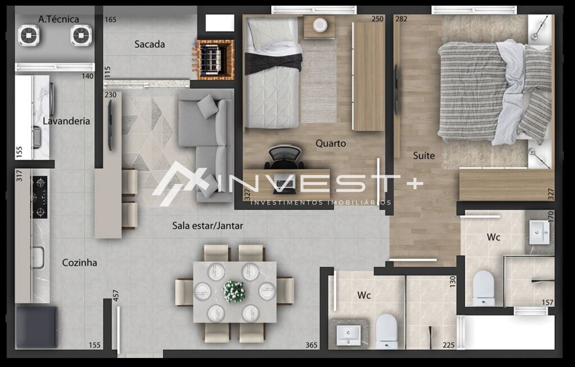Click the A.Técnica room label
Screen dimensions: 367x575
[x=58, y=19]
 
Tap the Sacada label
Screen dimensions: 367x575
[x=149, y=44]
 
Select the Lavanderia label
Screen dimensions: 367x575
[x=66, y=121]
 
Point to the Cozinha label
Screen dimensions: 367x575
[x=79, y=262]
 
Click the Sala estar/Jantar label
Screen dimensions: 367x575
[x=207, y=226]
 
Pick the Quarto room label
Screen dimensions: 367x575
[x=330, y=143]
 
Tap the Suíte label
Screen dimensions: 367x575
[x=423, y=156]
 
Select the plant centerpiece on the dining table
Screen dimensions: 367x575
[x=234, y=291]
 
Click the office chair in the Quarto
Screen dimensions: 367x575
[x=284, y=157]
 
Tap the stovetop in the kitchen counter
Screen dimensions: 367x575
[x=39, y=197]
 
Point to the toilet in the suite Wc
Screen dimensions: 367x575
[x=483, y=288]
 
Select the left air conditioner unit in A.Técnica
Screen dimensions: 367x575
[x=29, y=36]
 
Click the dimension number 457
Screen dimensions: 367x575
[x=116, y=296]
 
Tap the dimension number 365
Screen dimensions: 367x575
[x=311, y=346]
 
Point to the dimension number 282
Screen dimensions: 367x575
[x=401, y=19]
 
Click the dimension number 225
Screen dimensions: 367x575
[x=448, y=346]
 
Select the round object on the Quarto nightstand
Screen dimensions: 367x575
[x=320, y=25]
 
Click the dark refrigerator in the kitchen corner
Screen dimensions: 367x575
[x=36, y=327]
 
